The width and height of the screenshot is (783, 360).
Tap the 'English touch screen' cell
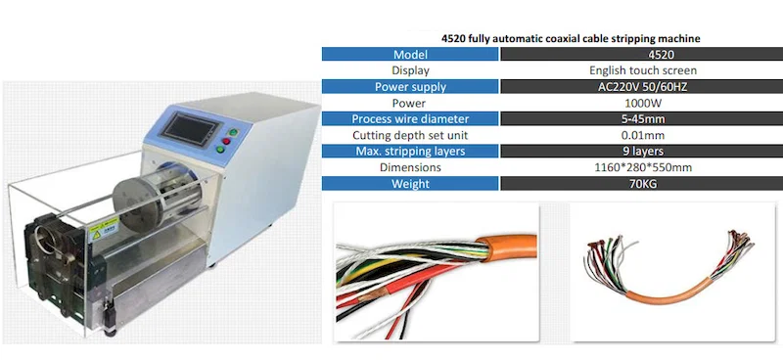click(x=628, y=70)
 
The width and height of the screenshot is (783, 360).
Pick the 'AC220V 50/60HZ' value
click(x=628, y=86)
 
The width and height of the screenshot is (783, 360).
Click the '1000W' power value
click(x=628, y=103)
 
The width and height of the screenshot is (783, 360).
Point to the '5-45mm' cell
click(x=628, y=118)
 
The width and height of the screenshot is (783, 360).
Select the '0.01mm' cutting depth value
click(x=628, y=135)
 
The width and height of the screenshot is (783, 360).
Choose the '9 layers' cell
click(x=628, y=151)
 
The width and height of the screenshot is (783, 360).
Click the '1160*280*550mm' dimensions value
click(x=628, y=167)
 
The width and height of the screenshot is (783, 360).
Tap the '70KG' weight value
click(x=628, y=183)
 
